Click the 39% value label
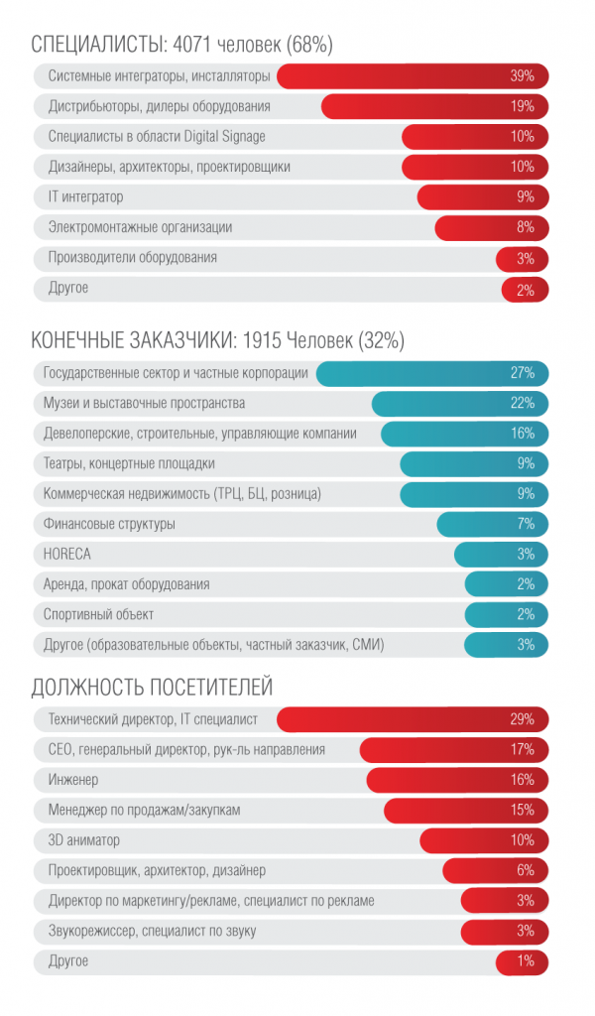523,76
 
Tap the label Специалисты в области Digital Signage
157,137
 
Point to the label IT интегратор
86,197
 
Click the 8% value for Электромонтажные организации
526,228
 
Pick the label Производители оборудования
133,258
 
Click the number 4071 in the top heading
191,45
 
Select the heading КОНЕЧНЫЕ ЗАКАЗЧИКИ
130,341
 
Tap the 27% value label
523,373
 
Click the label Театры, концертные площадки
130,464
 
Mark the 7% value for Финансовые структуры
526,524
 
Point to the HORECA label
67,554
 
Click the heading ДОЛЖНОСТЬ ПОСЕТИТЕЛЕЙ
152,687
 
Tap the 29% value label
523,718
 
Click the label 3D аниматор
84,840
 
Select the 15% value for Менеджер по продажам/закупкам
523,811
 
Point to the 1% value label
526,961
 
